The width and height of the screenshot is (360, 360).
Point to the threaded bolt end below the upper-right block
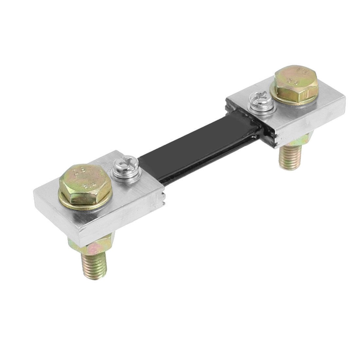(288, 160)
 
